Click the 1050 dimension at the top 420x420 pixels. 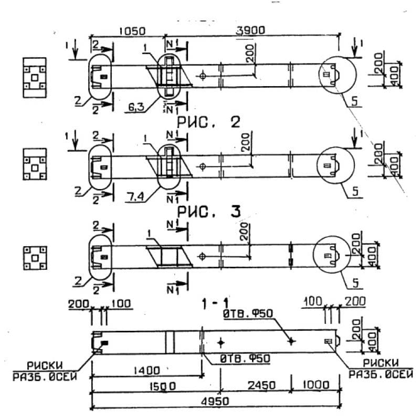pyautogui.click(x=131, y=31)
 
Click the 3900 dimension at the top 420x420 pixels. pyautogui.click(x=251, y=31)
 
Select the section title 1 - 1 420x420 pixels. pyautogui.click(x=216, y=303)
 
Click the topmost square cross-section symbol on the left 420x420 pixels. pyautogui.click(x=34, y=77)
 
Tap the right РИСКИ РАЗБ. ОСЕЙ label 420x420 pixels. pyautogui.click(x=374, y=369)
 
